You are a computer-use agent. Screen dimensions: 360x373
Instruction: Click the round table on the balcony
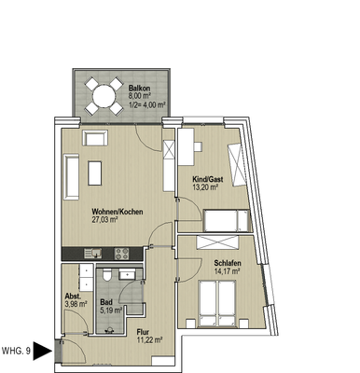[104, 96]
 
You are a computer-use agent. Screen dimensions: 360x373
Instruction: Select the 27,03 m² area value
[104, 220]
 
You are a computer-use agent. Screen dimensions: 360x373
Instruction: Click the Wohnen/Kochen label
[118, 212]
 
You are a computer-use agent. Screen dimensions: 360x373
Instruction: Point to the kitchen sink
[93, 254]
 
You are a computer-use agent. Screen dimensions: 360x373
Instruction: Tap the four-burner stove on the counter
[121, 254]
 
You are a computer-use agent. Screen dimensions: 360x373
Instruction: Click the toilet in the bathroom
[106, 275]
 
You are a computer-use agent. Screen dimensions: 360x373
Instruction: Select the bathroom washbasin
[127, 274]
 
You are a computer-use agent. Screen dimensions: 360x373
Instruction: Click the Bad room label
[106, 302]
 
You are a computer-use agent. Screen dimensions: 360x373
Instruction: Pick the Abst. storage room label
[73, 297]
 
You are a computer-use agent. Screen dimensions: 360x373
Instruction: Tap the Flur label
[144, 332]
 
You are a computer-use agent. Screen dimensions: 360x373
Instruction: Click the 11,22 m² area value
[150, 340]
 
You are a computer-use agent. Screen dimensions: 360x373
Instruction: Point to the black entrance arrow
[43, 352]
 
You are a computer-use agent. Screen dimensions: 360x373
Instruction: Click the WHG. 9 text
[16, 352]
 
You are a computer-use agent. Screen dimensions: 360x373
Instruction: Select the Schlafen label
[228, 263]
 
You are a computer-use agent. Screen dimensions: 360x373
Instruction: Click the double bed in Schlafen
[217, 303]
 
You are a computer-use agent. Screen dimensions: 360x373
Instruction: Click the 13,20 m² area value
[205, 187]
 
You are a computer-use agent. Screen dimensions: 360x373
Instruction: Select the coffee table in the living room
[95, 173]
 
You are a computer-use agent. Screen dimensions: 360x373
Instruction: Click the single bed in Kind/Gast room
[227, 220]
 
